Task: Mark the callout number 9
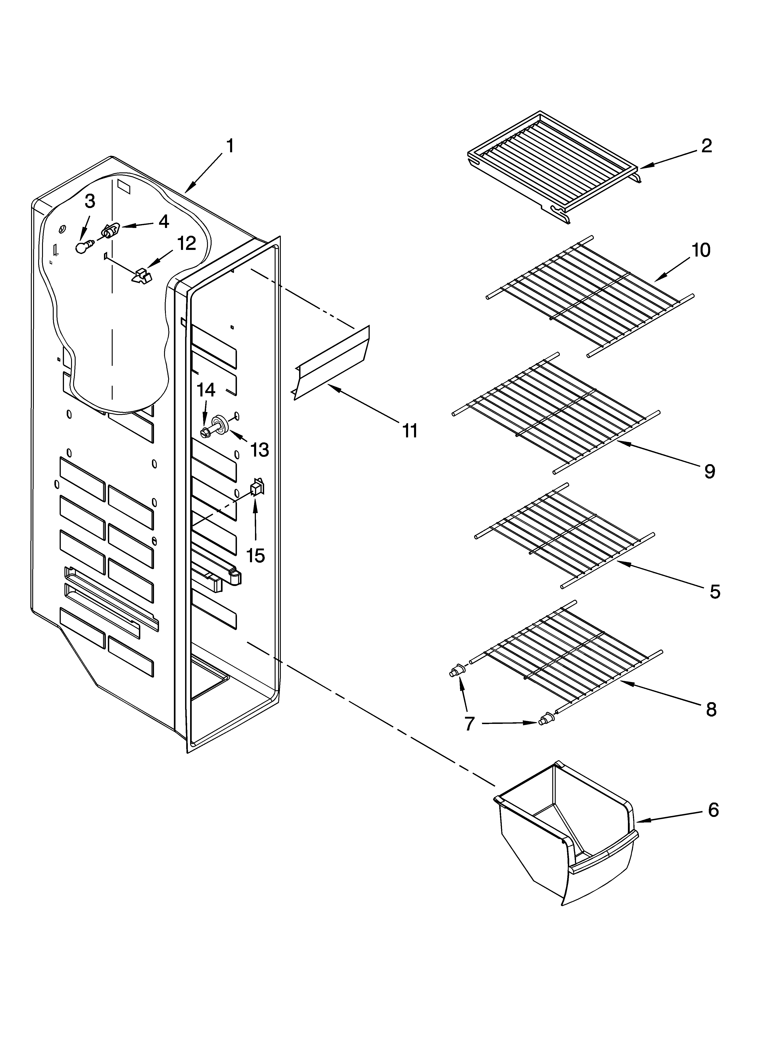pyautogui.click(x=709, y=472)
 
